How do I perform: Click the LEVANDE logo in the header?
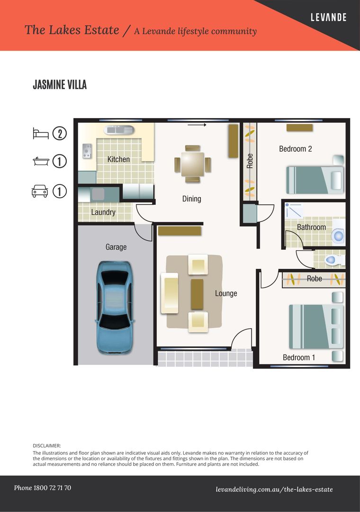pyautogui.click(x=328, y=18)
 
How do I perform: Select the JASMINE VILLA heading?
pyautogui.click(x=60, y=85)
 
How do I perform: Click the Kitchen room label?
pyautogui.click(x=118, y=159)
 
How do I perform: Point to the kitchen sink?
pyautogui.click(x=119, y=129)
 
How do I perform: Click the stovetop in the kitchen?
pyautogui.click(x=87, y=151)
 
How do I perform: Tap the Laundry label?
pyautogui.click(x=103, y=212)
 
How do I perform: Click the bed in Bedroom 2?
pyautogui.click(x=315, y=180)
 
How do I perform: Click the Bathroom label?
pyautogui.click(x=311, y=228)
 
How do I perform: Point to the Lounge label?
pyautogui.click(x=226, y=293)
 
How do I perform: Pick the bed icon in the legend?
pyautogui.click(x=41, y=133)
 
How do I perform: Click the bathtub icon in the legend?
pyautogui.click(x=41, y=162)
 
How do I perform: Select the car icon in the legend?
pyautogui.click(x=40, y=191)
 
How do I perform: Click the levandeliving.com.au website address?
pyautogui.click(x=274, y=489)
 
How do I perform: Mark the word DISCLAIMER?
pyautogui.click(x=47, y=446)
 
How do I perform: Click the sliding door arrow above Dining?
pyautogui.click(x=197, y=125)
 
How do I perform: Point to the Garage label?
pyautogui.click(x=116, y=247)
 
